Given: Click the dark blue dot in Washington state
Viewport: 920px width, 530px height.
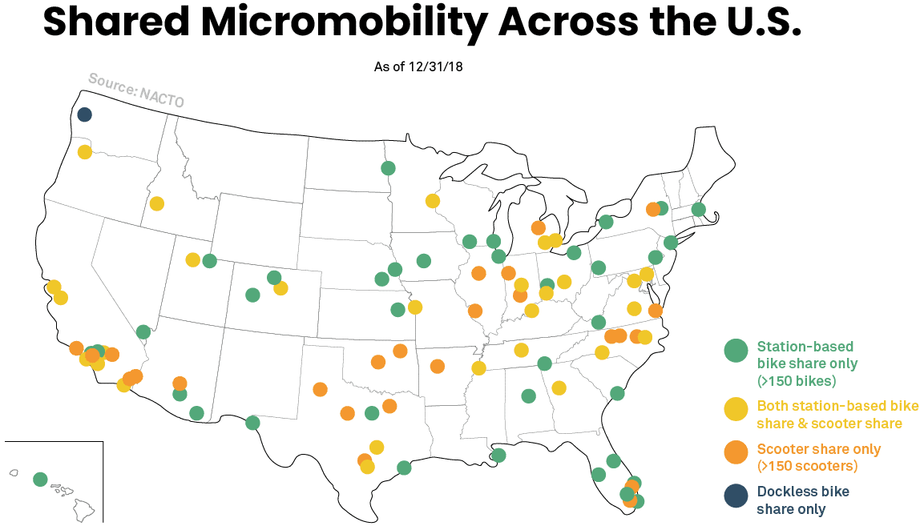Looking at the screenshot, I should (84, 114).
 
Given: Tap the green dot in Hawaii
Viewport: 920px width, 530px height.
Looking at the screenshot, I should (40, 479).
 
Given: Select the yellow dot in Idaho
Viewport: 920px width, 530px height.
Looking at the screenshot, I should (157, 203).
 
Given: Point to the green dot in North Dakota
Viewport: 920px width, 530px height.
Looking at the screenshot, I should (388, 168).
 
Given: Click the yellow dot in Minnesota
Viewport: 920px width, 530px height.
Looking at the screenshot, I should (433, 201).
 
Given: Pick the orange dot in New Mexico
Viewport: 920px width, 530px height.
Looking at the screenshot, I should (320, 389).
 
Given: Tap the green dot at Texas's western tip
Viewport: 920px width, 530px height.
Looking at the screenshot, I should (252, 423).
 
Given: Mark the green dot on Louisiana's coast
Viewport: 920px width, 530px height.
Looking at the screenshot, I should (498, 455).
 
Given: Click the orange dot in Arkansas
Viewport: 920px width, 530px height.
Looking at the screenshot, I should (437, 366).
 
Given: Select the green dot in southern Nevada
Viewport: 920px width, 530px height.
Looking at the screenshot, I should (143, 331).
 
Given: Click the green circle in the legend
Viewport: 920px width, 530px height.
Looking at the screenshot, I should (736, 350).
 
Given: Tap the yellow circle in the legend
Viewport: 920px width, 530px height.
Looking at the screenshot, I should (736, 409).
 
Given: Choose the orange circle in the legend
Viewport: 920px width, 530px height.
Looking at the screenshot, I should (736, 452).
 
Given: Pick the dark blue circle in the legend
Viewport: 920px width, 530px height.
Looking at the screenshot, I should (736, 496).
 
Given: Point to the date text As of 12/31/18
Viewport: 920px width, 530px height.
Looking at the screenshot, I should (418, 66).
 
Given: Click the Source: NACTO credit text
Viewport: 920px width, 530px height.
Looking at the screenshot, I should (135, 90).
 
